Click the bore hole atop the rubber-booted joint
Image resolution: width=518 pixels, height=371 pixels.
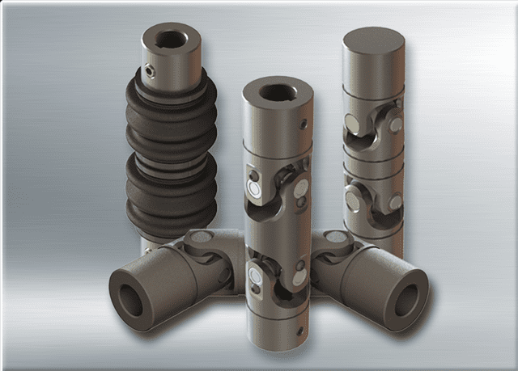(x=170, y=37)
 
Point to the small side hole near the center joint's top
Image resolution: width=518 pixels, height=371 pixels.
(x=303, y=124)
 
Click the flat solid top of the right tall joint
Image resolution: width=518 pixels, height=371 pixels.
(x=373, y=40)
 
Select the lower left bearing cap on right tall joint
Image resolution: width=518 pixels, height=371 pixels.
(x=353, y=197)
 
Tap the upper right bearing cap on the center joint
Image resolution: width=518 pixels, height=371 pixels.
(x=300, y=188)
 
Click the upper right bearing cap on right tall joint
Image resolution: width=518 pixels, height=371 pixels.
(x=394, y=124)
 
